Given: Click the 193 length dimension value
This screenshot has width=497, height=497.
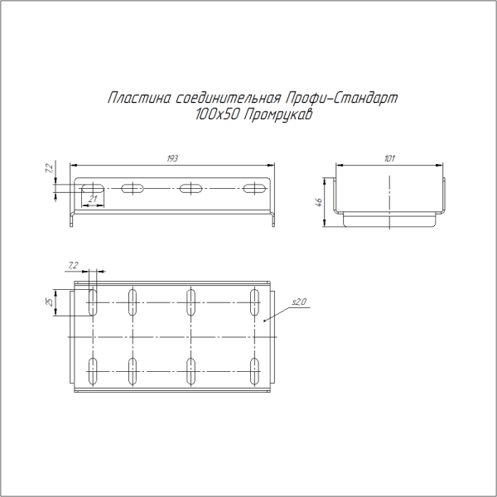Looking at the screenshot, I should coord(172,157).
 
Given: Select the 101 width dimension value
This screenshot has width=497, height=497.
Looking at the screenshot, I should coord(390,157).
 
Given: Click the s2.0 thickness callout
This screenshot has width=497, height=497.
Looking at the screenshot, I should coord(299,303).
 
